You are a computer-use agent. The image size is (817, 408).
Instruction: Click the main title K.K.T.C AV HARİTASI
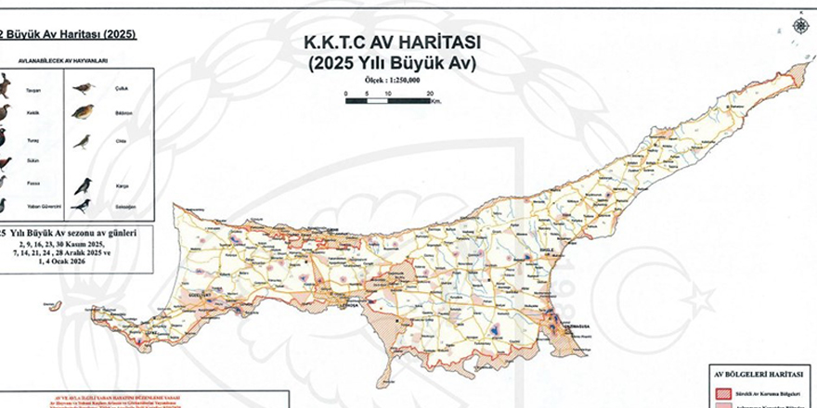pos(389,44)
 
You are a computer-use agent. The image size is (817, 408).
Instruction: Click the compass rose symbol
pos(800,25)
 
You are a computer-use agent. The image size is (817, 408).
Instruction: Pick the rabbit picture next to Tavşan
pos(5,86)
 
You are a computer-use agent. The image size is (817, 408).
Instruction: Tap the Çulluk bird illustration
pos(84,88)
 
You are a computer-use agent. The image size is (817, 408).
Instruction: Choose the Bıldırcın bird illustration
pos(84,112)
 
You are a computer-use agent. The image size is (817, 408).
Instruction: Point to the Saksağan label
pos(120,207)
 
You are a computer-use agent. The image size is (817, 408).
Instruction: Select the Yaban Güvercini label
pos(44,206)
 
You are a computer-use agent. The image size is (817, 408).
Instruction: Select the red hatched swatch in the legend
pos(721,393)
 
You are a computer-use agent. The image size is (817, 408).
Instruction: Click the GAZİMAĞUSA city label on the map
pos(568,326)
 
